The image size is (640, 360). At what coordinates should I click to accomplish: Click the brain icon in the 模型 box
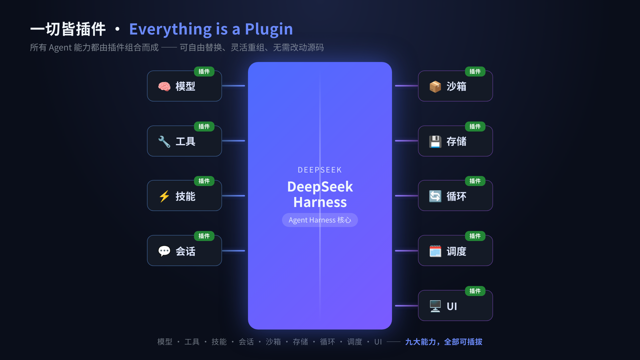point(164,86)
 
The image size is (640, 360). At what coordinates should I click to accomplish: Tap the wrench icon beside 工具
point(164,141)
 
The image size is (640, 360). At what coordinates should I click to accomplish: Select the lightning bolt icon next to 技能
point(164,196)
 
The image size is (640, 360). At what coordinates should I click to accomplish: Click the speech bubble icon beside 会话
point(164,251)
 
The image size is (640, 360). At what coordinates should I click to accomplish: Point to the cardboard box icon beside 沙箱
point(435,86)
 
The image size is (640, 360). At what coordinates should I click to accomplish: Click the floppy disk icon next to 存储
point(435,141)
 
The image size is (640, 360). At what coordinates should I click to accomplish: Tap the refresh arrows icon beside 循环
point(435,196)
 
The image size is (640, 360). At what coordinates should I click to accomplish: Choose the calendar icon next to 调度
point(435,251)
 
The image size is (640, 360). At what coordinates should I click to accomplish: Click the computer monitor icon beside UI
point(435,306)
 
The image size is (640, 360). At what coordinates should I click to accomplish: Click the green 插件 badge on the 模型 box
point(204,71)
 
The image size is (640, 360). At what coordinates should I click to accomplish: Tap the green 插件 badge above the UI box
point(475,291)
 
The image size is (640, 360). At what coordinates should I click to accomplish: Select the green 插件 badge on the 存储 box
point(475,126)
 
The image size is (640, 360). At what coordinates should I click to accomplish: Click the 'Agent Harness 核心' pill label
point(319,220)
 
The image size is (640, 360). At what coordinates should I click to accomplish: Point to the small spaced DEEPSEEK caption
point(319,170)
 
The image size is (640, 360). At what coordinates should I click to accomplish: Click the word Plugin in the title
point(268,29)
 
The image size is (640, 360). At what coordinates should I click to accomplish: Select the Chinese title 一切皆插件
point(67,29)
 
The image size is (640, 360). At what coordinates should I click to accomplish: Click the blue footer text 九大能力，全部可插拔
point(443,341)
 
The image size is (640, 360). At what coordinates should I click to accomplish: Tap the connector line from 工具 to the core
point(233,141)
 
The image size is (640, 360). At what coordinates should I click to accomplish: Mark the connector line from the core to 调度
point(406,251)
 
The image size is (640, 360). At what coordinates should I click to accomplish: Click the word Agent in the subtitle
point(60,47)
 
